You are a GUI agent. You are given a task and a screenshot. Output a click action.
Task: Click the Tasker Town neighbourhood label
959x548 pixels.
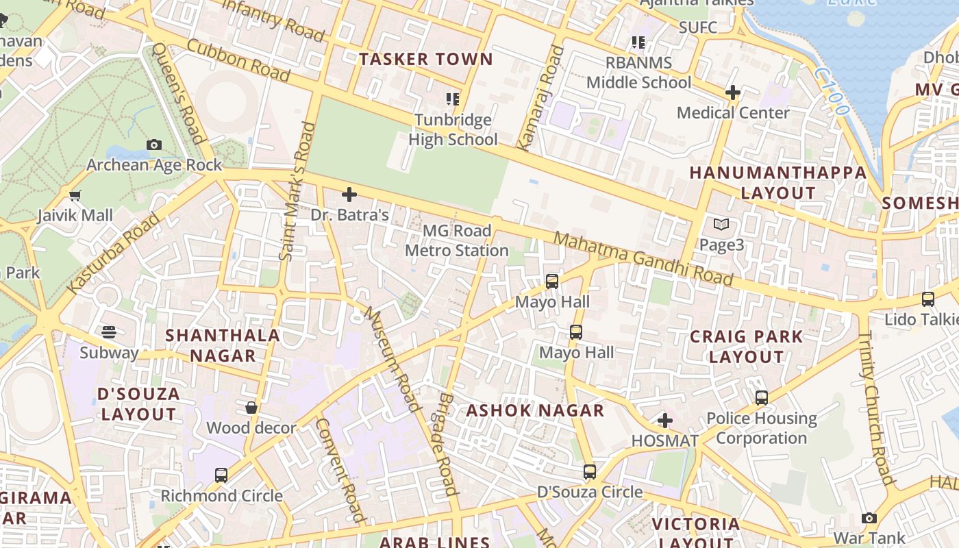426,60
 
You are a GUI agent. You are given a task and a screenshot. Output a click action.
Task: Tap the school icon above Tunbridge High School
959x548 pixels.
452,99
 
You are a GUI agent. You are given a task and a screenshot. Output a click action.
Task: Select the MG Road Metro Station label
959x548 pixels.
456,241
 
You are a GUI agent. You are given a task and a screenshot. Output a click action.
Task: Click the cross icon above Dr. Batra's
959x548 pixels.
349,195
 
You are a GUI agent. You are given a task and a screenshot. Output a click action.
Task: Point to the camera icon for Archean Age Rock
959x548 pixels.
154,145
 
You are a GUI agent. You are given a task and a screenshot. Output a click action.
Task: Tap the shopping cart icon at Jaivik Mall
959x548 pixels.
75,195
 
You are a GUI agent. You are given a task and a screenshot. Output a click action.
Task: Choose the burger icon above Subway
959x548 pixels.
109,332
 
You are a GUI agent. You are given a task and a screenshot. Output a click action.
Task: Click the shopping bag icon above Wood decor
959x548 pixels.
251,408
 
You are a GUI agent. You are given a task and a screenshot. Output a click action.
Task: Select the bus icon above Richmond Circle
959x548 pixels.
221,475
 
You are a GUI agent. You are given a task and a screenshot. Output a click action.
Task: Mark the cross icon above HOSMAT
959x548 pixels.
664,421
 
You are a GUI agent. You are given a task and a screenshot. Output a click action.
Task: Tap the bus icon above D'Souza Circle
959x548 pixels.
590,471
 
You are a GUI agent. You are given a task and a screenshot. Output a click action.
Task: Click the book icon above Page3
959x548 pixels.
721,224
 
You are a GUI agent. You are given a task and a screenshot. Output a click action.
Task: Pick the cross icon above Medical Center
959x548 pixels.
733,92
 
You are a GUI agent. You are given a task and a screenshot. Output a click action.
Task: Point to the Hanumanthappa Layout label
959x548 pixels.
778,183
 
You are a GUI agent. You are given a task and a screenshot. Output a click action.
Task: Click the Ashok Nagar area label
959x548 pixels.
535,411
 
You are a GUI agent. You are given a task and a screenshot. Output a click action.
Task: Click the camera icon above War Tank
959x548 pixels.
869,518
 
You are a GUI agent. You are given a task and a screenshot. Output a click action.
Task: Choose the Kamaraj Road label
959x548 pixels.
540,98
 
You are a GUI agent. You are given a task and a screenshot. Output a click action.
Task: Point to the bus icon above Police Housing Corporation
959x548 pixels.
762,397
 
